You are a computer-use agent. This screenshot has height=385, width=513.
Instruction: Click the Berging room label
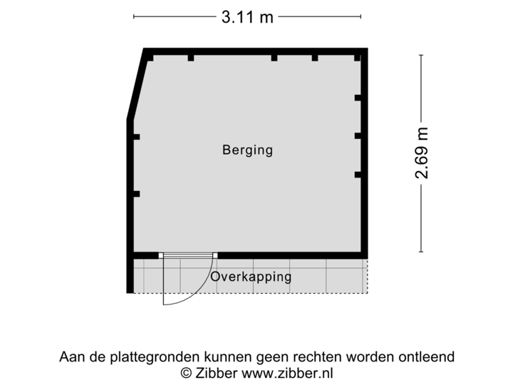247,150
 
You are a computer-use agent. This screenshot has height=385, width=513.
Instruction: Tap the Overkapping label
251,277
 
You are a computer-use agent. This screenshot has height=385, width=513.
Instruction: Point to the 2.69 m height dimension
422,153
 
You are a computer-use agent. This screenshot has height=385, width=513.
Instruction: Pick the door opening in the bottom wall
188,255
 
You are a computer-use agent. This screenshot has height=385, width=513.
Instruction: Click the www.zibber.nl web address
287,372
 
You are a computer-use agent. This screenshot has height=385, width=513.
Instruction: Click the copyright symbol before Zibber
185,372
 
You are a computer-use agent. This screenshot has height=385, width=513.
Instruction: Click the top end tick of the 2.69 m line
422,54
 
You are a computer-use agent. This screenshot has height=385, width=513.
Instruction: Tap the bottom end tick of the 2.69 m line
422,252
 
